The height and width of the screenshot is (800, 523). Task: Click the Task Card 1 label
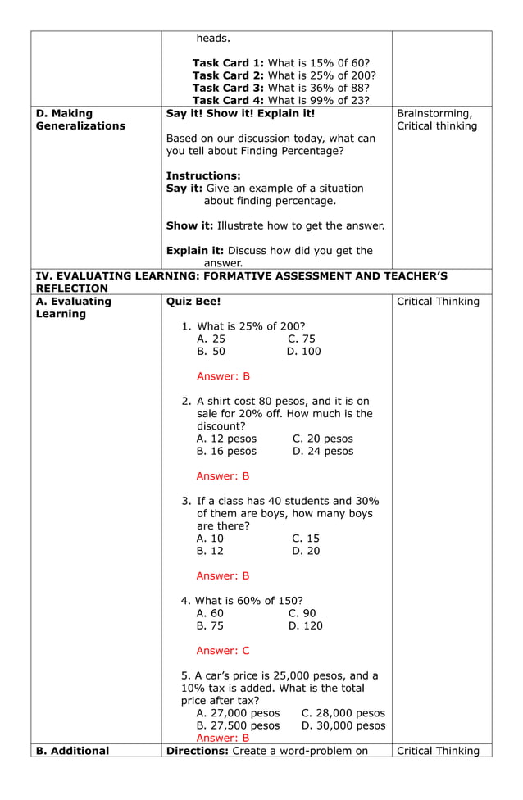point(228,63)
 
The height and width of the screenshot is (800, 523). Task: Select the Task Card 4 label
point(228,100)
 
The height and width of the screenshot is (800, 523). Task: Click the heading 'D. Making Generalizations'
point(80,120)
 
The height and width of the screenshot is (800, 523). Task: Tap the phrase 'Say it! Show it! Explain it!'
point(240,113)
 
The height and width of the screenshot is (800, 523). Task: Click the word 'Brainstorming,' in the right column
point(434,113)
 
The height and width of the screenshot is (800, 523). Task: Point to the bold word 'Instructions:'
point(203,175)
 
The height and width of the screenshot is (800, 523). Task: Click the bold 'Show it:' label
point(189,225)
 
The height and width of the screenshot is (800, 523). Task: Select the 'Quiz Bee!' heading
point(193,302)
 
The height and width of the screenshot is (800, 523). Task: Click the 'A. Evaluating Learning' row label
point(74,307)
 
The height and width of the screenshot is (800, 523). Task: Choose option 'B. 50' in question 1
point(211,352)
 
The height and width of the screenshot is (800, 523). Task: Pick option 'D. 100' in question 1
point(303,352)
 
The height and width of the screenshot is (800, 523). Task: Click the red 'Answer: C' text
point(223,651)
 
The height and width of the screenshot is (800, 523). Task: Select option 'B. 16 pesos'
point(226,451)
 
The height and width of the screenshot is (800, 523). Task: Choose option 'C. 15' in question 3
point(305,539)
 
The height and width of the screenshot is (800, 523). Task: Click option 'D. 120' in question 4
point(305,626)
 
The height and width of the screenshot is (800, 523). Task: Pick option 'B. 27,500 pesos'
point(238,725)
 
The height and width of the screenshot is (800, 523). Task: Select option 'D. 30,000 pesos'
point(343,725)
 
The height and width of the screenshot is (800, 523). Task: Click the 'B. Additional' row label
point(72,751)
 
